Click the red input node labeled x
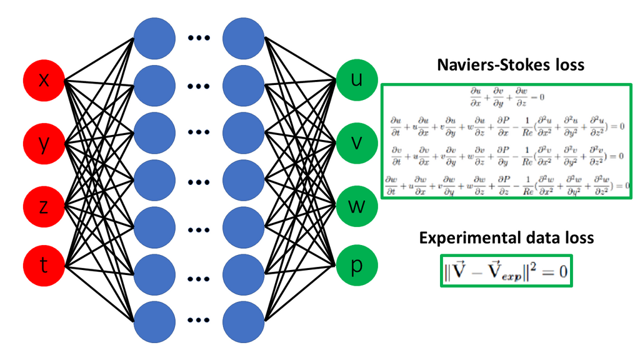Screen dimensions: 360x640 coord(44,81)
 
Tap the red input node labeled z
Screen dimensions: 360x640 coord(44,207)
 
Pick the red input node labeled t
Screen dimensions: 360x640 coord(44,266)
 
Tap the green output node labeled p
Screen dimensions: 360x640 coord(357,266)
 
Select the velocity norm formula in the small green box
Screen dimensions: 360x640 coord(506,270)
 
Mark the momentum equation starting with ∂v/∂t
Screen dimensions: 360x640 coord(506,154)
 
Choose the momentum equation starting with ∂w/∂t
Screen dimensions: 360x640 coord(506,184)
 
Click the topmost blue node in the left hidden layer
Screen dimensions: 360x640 coord(154,37)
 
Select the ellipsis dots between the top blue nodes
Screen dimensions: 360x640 coord(199,37)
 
